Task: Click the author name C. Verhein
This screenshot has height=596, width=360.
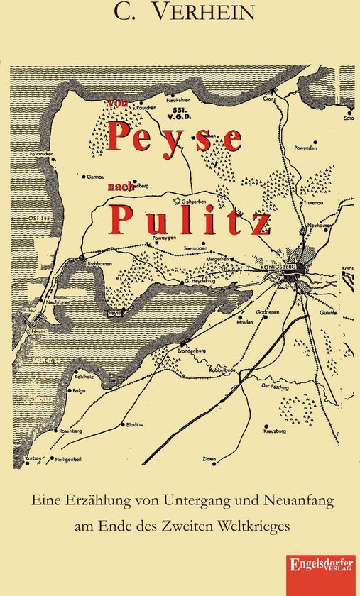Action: pyautogui.click(x=180, y=12)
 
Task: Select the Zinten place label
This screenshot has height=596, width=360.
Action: pyautogui.click(x=209, y=460)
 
